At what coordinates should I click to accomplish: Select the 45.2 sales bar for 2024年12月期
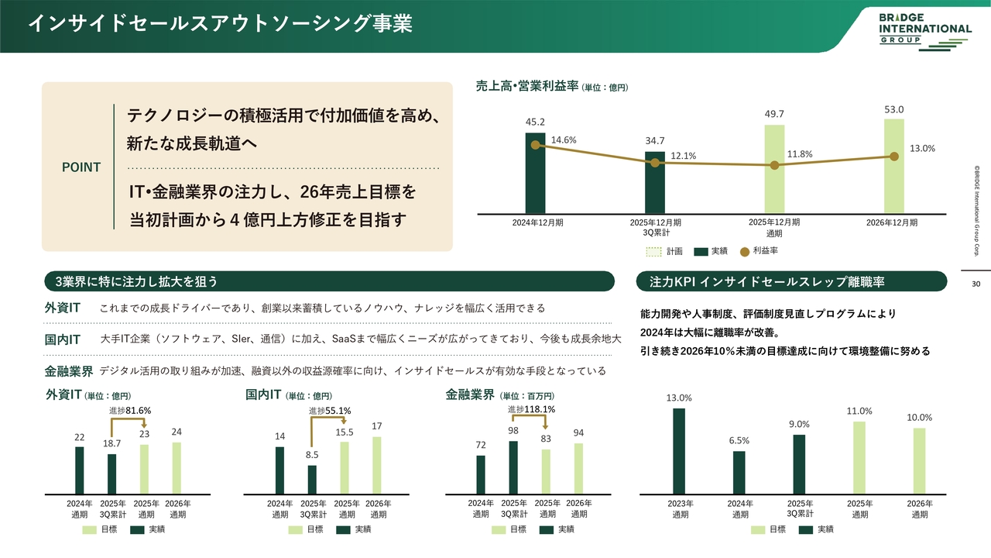tap(535, 171)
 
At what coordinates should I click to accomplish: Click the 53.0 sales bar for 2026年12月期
tap(893, 164)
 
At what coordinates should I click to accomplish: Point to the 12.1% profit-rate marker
tap(655, 163)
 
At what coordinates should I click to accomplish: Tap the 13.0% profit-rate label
tap(922, 148)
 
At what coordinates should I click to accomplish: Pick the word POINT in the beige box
tap(81, 167)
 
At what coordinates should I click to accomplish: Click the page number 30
tap(976, 284)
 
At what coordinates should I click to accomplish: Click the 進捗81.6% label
tap(129, 411)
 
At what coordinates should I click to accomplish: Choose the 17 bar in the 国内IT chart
tap(377, 465)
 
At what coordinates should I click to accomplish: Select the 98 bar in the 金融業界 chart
tap(513, 467)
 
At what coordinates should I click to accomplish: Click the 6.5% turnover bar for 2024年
tap(739, 473)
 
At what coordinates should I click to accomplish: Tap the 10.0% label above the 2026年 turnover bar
tap(919, 418)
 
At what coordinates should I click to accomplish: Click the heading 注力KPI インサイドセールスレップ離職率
tap(780, 281)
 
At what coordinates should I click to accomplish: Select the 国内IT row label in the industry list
tap(63, 339)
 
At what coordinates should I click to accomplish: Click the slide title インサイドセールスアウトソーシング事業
tap(220, 23)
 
